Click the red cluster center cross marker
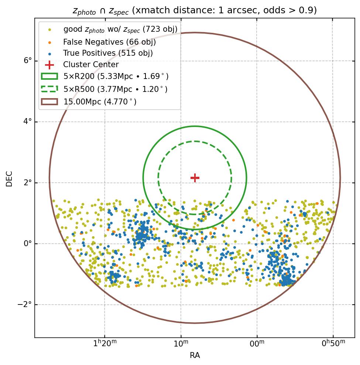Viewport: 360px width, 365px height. tap(195, 178)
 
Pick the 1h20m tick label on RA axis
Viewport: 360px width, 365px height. tap(105, 344)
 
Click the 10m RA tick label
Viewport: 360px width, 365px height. tap(181, 344)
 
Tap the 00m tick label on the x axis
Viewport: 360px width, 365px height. tap(257, 344)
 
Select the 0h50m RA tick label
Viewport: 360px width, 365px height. tap(333, 344)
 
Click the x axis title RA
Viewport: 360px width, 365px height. tap(195, 355)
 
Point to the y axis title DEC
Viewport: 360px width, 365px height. tap(9, 179)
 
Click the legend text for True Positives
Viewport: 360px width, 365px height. tap(108, 53)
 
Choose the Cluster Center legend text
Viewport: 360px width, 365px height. tap(91, 65)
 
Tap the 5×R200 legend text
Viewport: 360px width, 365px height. tap(116, 76)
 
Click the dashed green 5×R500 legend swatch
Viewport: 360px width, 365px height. tap(49, 89)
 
